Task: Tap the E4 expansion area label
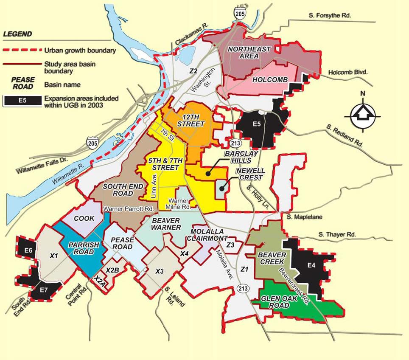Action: coord(311,266)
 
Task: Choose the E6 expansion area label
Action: coord(28,250)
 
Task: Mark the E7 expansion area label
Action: coord(43,290)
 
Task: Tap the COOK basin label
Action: coord(84,218)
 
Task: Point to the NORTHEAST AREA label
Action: coord(249,53)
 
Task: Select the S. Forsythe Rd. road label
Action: coord(330,16)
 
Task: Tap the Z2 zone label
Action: coord(193,71)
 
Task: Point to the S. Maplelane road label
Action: coord(304,217)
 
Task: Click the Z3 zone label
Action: coord(231,245)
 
